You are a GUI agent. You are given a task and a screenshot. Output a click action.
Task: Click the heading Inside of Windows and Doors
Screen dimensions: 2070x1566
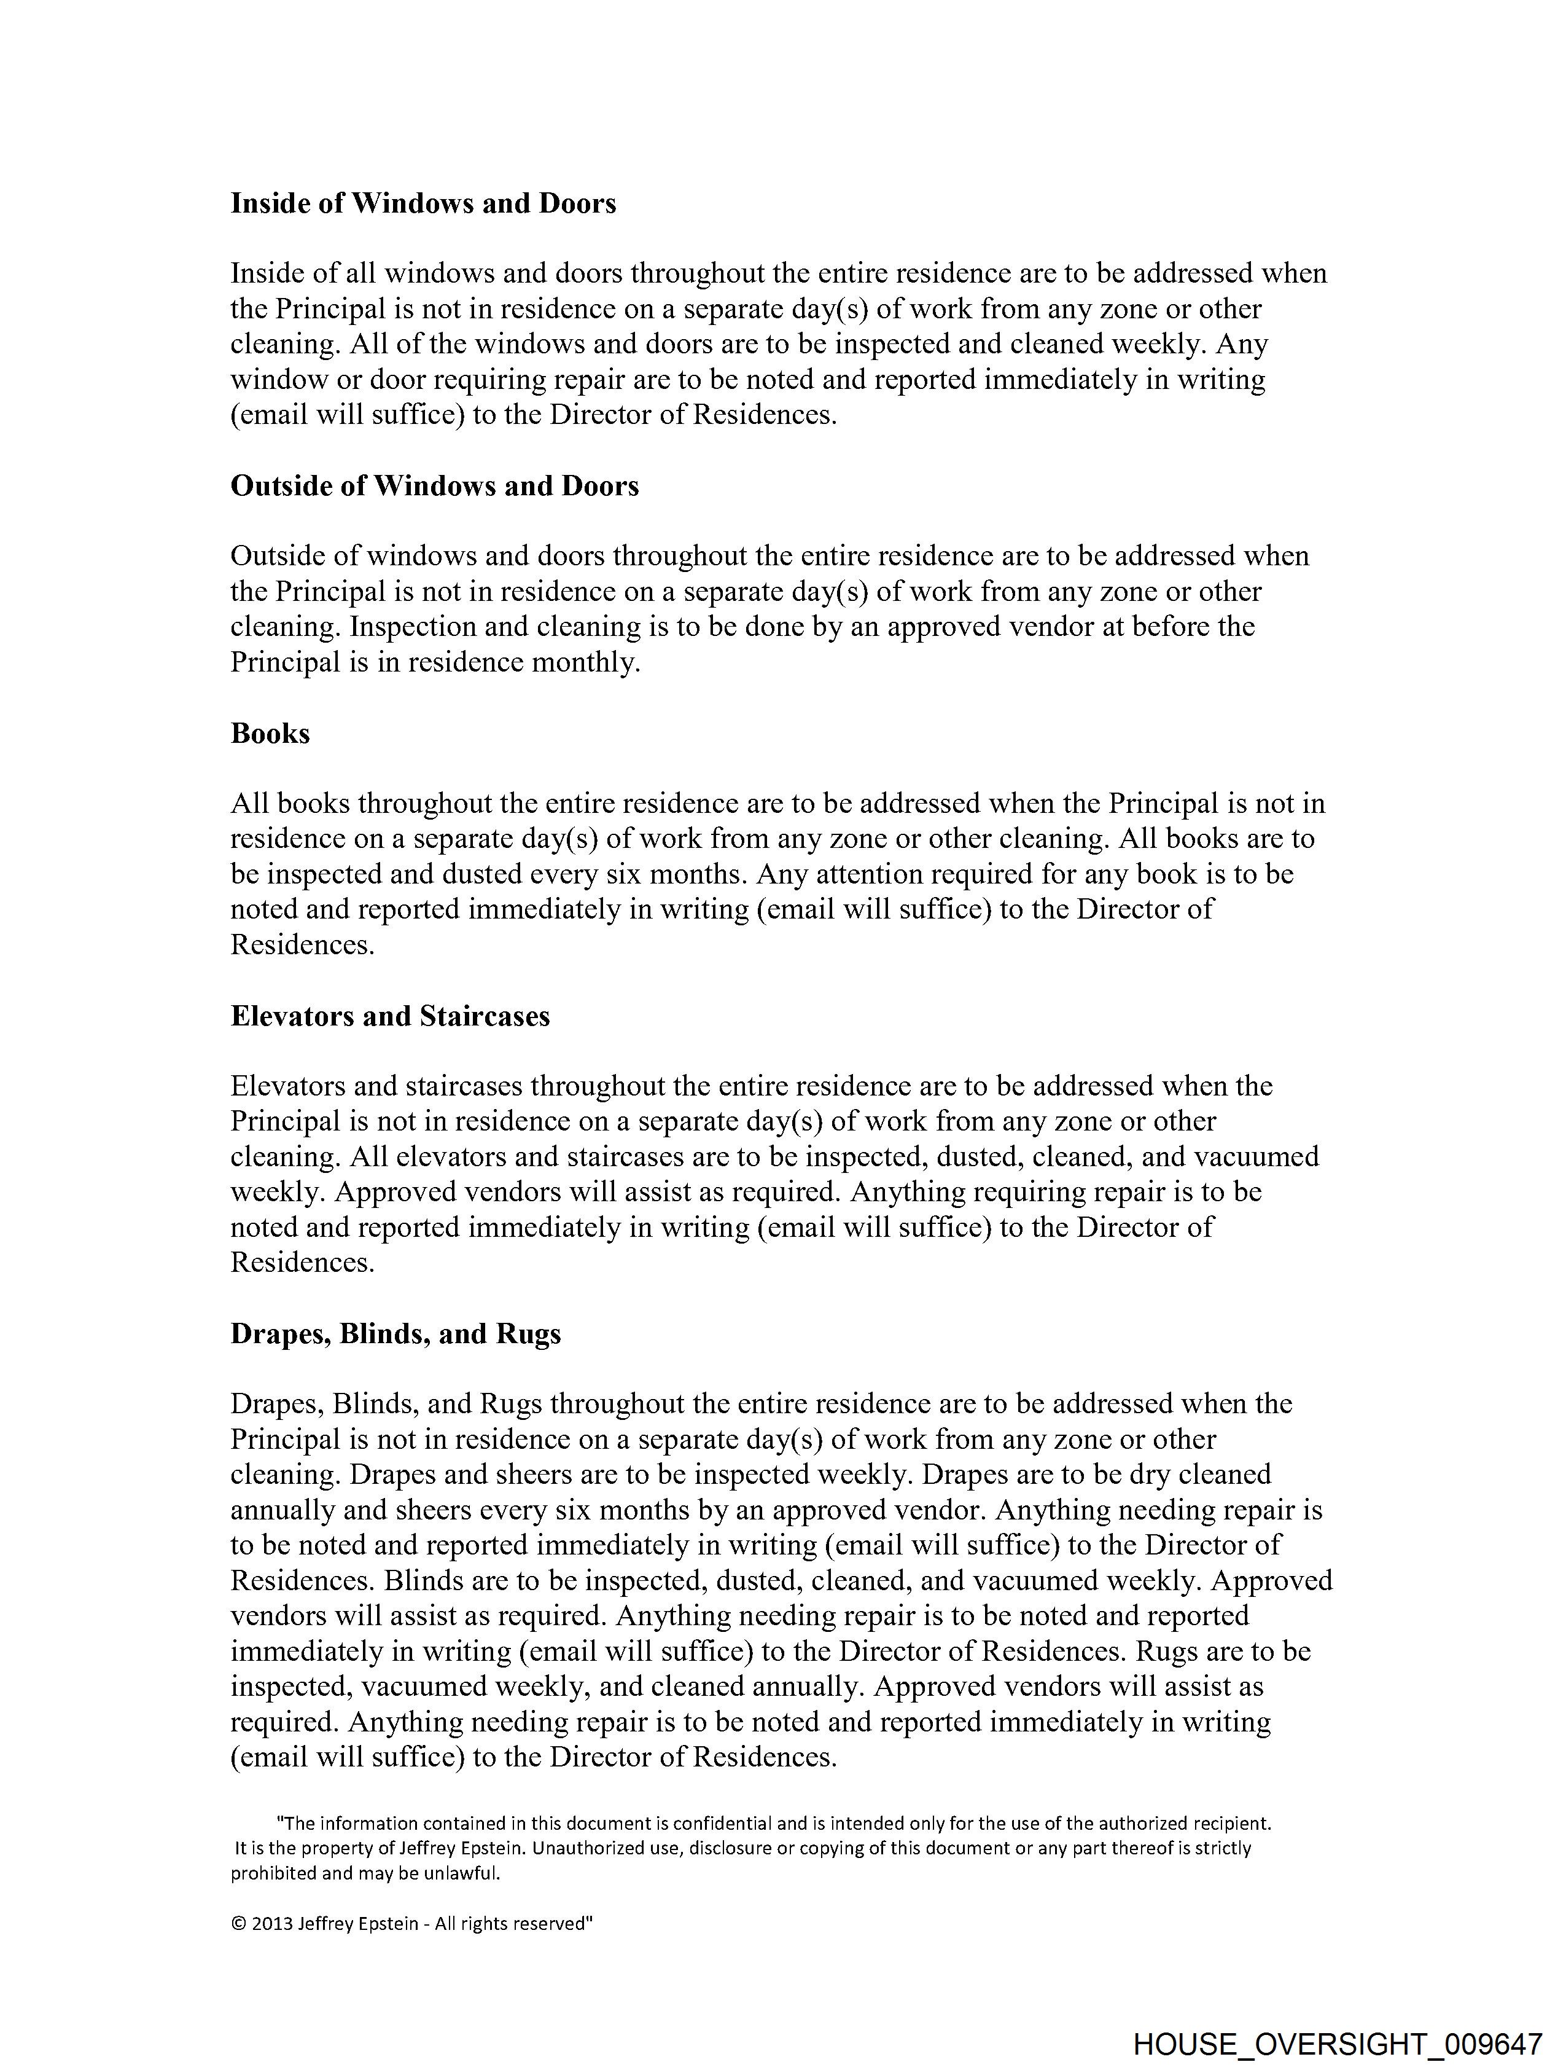423,203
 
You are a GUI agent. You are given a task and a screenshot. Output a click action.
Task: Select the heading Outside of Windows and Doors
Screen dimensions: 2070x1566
434,485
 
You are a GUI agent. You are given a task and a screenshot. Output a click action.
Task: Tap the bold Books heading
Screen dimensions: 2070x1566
270,733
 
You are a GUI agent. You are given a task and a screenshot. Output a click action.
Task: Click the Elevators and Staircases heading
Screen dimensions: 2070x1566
390,1016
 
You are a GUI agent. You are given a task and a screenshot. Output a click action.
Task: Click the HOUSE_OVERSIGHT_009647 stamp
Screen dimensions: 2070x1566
1337,2043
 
